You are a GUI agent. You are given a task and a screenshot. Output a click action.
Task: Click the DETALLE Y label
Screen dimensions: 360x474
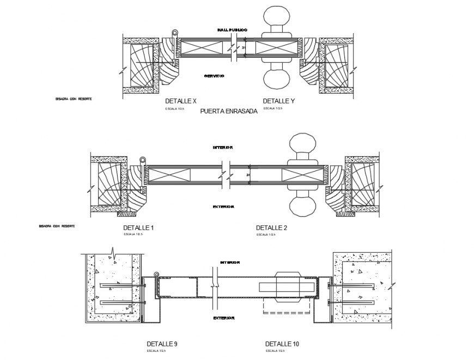[x=278, y=101]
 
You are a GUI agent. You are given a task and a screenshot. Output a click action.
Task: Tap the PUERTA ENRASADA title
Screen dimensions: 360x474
[x=229, y=111]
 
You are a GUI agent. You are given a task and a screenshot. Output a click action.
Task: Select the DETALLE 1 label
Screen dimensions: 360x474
[x=139, y=228]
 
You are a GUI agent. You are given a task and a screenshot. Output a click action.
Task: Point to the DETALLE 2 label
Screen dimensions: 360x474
[x=271, y=228]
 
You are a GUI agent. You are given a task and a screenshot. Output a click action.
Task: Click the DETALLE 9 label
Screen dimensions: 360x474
[x=162, y=344]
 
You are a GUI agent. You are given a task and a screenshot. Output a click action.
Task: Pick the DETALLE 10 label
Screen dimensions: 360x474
[x=282, y=344]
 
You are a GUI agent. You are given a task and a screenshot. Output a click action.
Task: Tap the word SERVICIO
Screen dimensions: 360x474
[x=214, y=76]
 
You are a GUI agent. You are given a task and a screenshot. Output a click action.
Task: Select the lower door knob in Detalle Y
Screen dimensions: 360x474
[x=278, y=80]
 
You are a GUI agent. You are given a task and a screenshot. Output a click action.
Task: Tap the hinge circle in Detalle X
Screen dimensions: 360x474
[x=174, y=33]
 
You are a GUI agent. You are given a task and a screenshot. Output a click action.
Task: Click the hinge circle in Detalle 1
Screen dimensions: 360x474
[x=143, y=160]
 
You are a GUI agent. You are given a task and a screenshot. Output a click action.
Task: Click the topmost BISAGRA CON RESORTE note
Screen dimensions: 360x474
[x=73, y=99]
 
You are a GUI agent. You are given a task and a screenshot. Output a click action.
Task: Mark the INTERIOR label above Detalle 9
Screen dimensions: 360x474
[x=229, y=263]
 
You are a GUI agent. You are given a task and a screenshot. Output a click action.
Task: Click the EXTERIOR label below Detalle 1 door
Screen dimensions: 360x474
[x=224, y=207]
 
